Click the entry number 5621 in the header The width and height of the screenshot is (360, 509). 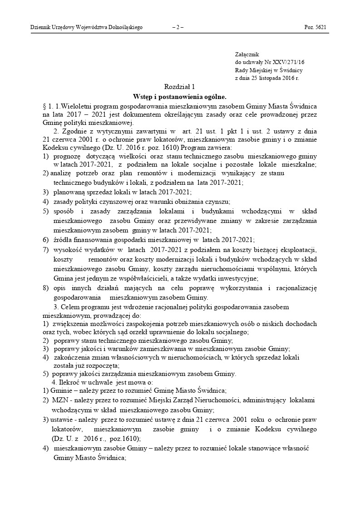pyautogui.click(x=320, y=27)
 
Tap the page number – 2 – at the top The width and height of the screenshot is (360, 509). pyautogui.click(x=178, y=27)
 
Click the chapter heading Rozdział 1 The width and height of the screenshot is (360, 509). pyautogui.click(x=179, y=87)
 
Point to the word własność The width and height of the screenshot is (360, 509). pyautogui.click(x=296, y=449)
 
